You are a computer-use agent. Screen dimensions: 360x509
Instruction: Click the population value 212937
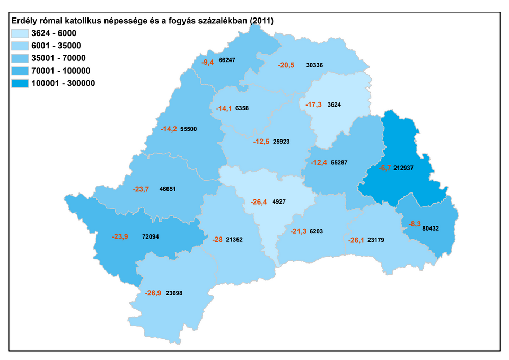[404, 168]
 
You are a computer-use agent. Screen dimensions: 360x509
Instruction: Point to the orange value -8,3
[414, 224]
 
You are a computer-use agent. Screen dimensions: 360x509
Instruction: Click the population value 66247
[226, 60]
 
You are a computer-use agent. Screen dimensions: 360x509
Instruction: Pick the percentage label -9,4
[207, 62]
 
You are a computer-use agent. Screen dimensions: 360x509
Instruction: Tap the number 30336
[315, 65]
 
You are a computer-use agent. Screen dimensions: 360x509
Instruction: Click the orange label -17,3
[313, 104]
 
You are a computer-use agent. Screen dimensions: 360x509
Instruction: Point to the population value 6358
[242, 108]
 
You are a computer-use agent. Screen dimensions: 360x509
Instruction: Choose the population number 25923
[282, 142]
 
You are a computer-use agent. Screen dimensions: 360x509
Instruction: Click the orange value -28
[217, 240]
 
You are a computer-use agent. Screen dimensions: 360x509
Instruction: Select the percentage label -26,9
[153, 293]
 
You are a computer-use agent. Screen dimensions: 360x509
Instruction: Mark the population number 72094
[152, 237]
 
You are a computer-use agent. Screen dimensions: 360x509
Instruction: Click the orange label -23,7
[141, 188]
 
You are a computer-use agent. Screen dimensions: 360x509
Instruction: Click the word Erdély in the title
[24, 21]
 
